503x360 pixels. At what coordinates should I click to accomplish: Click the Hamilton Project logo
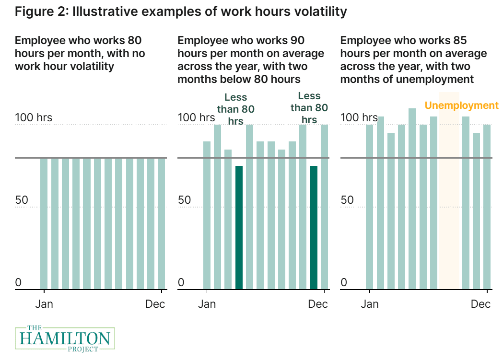coord(65,338)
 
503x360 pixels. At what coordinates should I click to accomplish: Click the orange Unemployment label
coord(462,105)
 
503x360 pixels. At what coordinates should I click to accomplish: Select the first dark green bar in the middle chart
coord(239,227)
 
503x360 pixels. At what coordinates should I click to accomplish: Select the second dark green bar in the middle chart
coord(314,227)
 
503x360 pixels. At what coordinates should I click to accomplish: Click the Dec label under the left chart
coord(155,304)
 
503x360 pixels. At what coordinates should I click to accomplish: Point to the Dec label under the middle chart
coord(318,304)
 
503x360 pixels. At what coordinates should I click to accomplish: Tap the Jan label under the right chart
coord(369,304)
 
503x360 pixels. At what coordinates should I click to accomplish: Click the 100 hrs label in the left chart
coord(34,117)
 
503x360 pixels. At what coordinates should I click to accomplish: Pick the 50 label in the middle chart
coord(185,200)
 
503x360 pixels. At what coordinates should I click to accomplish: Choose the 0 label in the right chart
coord(344,283)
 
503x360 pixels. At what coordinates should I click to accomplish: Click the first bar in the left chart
coord(44,223)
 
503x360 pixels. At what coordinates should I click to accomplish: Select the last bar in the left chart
coord(162,223)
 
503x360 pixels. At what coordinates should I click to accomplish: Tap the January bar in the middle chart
coord(207,215)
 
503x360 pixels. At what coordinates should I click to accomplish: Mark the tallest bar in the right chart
coord(412,199)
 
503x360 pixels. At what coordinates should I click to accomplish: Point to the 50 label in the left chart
coord(22,200)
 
